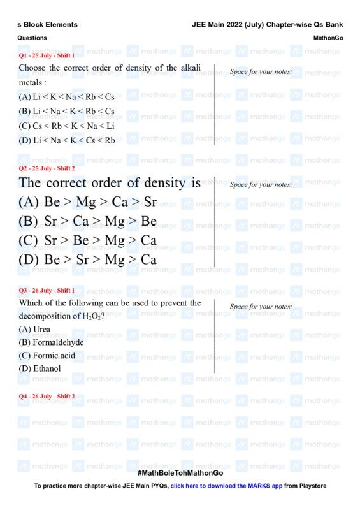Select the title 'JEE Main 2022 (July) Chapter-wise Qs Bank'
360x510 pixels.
pos(268,25)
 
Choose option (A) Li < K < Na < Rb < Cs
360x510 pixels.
pos(67,97)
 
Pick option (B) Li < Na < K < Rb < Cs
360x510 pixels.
pos(67,112)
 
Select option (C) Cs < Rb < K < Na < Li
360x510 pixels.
pos(67,126)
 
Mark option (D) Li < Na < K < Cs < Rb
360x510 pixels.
pos(67,140)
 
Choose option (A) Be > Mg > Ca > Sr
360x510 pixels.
pos(88,203)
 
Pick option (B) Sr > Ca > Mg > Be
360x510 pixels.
pos(88,222)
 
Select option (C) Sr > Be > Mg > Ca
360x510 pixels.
pos(88,241)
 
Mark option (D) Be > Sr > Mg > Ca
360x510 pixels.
pos(88,260)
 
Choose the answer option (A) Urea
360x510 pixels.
pos(35,330)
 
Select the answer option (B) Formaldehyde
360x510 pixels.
pos(52,342)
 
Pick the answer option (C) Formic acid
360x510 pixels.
pos(47,356)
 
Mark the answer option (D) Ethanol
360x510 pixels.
pos(40,368)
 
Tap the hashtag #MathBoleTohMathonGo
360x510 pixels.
pos(180,473)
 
